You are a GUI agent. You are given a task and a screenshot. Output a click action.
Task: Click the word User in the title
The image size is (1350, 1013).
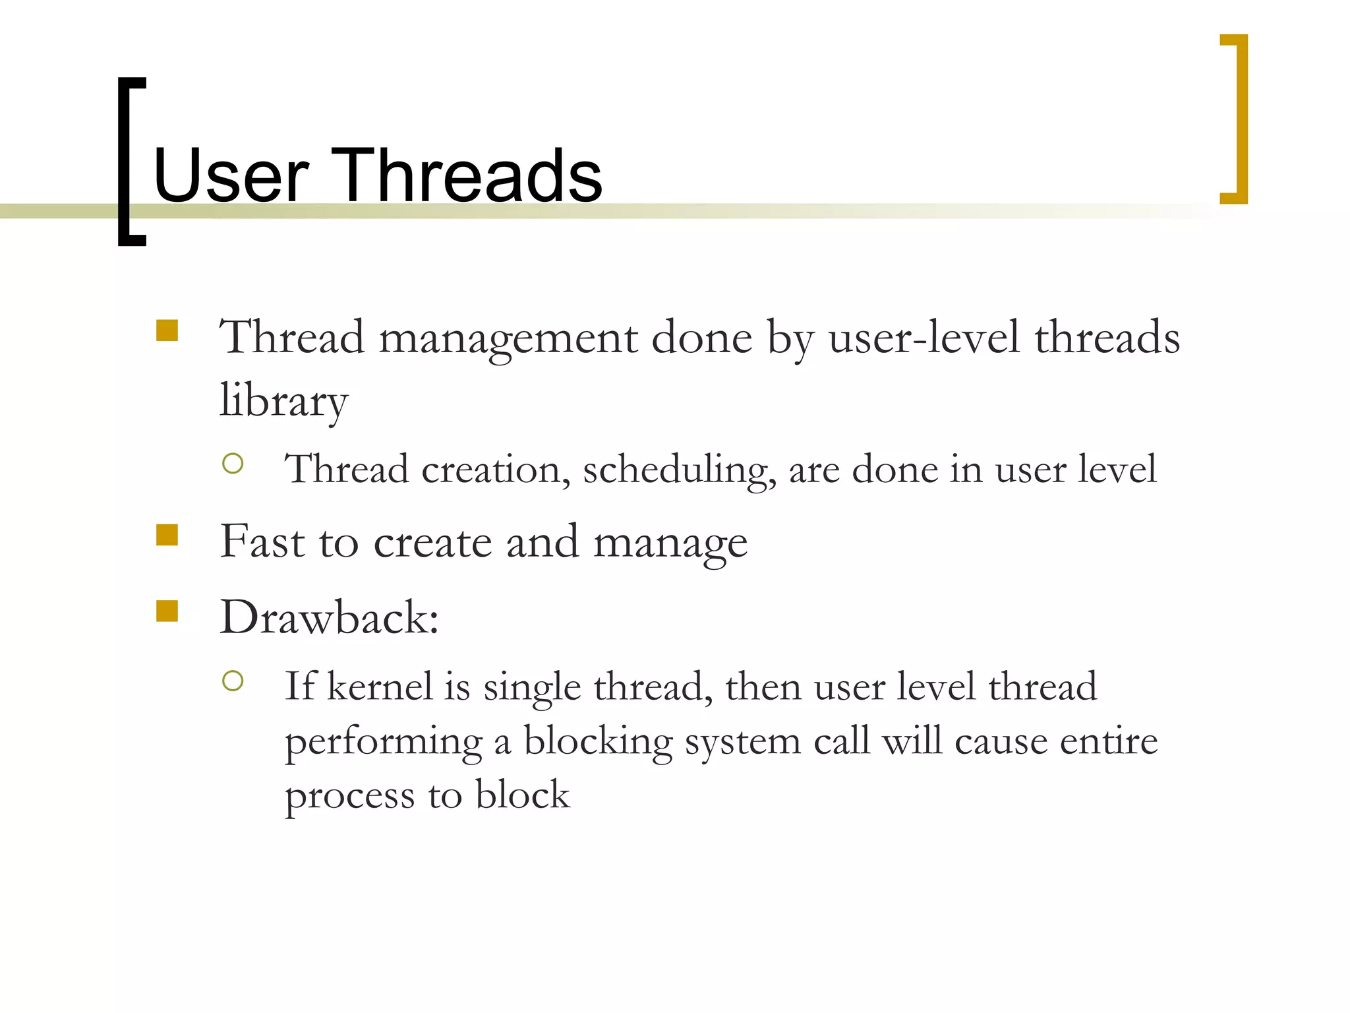(x=230, y=176)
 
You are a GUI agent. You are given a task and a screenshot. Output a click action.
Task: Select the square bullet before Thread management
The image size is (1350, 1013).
(x=167, y=330)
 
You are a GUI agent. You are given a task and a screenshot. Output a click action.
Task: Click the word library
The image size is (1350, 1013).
(x=283, y=401)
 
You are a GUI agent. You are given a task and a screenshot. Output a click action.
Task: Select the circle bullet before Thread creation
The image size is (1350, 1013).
(x=233, y=464)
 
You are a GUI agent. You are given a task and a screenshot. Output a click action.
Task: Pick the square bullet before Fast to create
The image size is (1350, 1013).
(x=167, y=535)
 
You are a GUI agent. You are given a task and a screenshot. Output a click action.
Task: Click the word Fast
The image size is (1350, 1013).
(x=262, y=542)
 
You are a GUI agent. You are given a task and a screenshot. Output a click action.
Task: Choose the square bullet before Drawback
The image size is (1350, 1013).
(x=167, y=611)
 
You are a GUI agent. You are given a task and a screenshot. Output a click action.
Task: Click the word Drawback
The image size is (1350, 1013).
(x=328, y=618)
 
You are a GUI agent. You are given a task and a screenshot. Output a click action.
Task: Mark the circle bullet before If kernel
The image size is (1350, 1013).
(x=233, y=681)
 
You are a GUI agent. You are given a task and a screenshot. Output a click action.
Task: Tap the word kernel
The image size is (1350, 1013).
(x=379, y=687)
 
